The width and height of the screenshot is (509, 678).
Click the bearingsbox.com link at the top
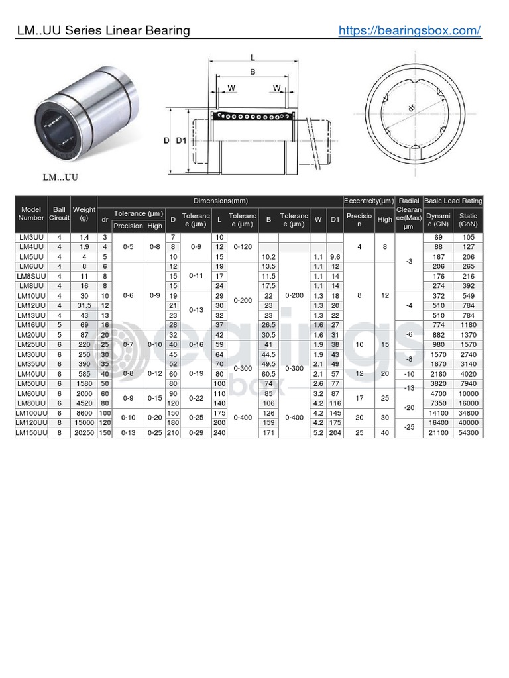tap(409, 30)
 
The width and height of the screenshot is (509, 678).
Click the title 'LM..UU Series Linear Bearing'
tap(103, 30)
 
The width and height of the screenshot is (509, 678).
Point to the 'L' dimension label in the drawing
tap(253, 58)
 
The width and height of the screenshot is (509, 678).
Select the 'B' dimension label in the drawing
tap(253, 73)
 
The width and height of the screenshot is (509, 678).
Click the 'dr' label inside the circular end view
tap(411, 107)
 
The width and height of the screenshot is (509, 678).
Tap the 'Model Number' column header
tap(31, 213)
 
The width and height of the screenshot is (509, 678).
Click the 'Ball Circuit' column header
tap(60, 213)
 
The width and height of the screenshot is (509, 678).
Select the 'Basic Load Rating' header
tap(453, 201)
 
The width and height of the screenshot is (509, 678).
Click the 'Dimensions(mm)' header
tap(220, 201)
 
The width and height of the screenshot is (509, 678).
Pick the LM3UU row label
tap(31, 237)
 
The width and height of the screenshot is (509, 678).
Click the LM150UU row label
tap(31, 432)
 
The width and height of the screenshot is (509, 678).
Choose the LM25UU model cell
tap(31, 344)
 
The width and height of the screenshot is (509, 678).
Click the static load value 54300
tap(469, 432)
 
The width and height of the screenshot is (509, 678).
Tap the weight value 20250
tap(84, 432)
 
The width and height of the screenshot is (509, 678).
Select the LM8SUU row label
tap(31, 275)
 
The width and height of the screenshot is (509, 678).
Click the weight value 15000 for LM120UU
tap(84, 422)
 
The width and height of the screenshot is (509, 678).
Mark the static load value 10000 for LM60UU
tap(469, 393)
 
